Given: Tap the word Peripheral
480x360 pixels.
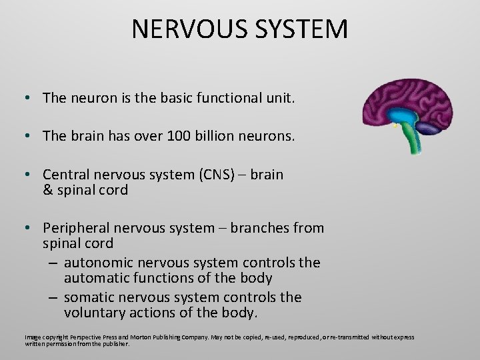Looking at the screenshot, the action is pos(75,228).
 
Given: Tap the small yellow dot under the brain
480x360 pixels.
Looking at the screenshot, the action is pos(395,125).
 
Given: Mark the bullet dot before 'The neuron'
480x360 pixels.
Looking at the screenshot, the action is pos(25,99).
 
